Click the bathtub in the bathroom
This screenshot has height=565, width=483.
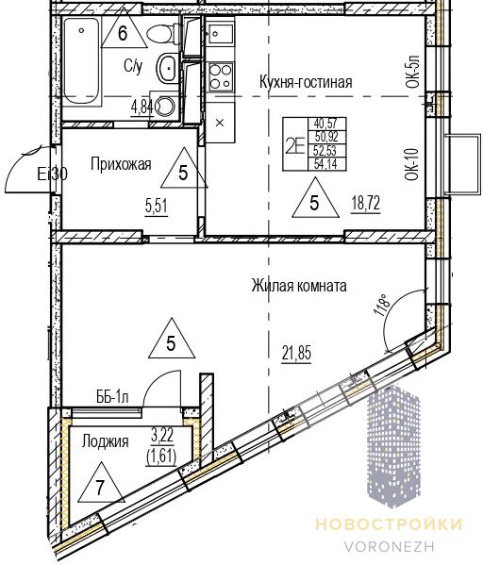(81, 61)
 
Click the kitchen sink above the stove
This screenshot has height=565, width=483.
(220, 35)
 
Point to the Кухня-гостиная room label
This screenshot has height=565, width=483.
(306, 82)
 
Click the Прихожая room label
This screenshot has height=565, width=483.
(121, 164)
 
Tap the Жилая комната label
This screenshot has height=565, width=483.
(299, 286)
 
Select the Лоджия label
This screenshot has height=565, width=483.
(105, 441)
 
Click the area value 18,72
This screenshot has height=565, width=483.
(366, 204)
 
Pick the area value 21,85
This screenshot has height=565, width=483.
(296, 353)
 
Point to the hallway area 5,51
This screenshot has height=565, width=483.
(157, 207)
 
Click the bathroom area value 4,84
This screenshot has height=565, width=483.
(142, 107)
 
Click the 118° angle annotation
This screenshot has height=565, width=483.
(384, 305)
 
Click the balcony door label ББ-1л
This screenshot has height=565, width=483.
(112, 397)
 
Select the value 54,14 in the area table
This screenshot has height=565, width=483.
(325, 164)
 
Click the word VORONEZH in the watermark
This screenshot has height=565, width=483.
(390, 546)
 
